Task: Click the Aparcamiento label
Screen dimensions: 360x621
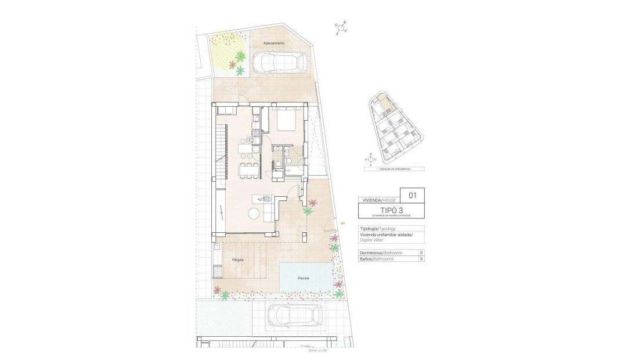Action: [x=274, y=44]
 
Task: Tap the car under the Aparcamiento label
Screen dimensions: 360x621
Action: [x=280, y=62]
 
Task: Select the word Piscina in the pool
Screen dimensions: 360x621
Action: [x=304, y=279]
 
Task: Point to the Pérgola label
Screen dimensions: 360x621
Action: [x=237, y=260]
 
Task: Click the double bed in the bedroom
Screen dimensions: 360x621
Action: [x=286, y=120]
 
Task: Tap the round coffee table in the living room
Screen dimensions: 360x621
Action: [x=255, y=214]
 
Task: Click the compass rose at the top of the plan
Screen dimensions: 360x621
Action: [x=341, y=28]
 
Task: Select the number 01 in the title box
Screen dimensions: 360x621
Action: [x=413, y=195]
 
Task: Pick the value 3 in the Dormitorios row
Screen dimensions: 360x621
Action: [x=421, y=253]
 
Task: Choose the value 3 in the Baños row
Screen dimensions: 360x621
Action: [x=421, y=259]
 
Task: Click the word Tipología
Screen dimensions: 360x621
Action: [x=369, y=229]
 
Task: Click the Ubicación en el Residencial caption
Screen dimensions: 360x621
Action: [x=387, y=169]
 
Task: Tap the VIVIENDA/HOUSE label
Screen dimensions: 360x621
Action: [x=379, y=199]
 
